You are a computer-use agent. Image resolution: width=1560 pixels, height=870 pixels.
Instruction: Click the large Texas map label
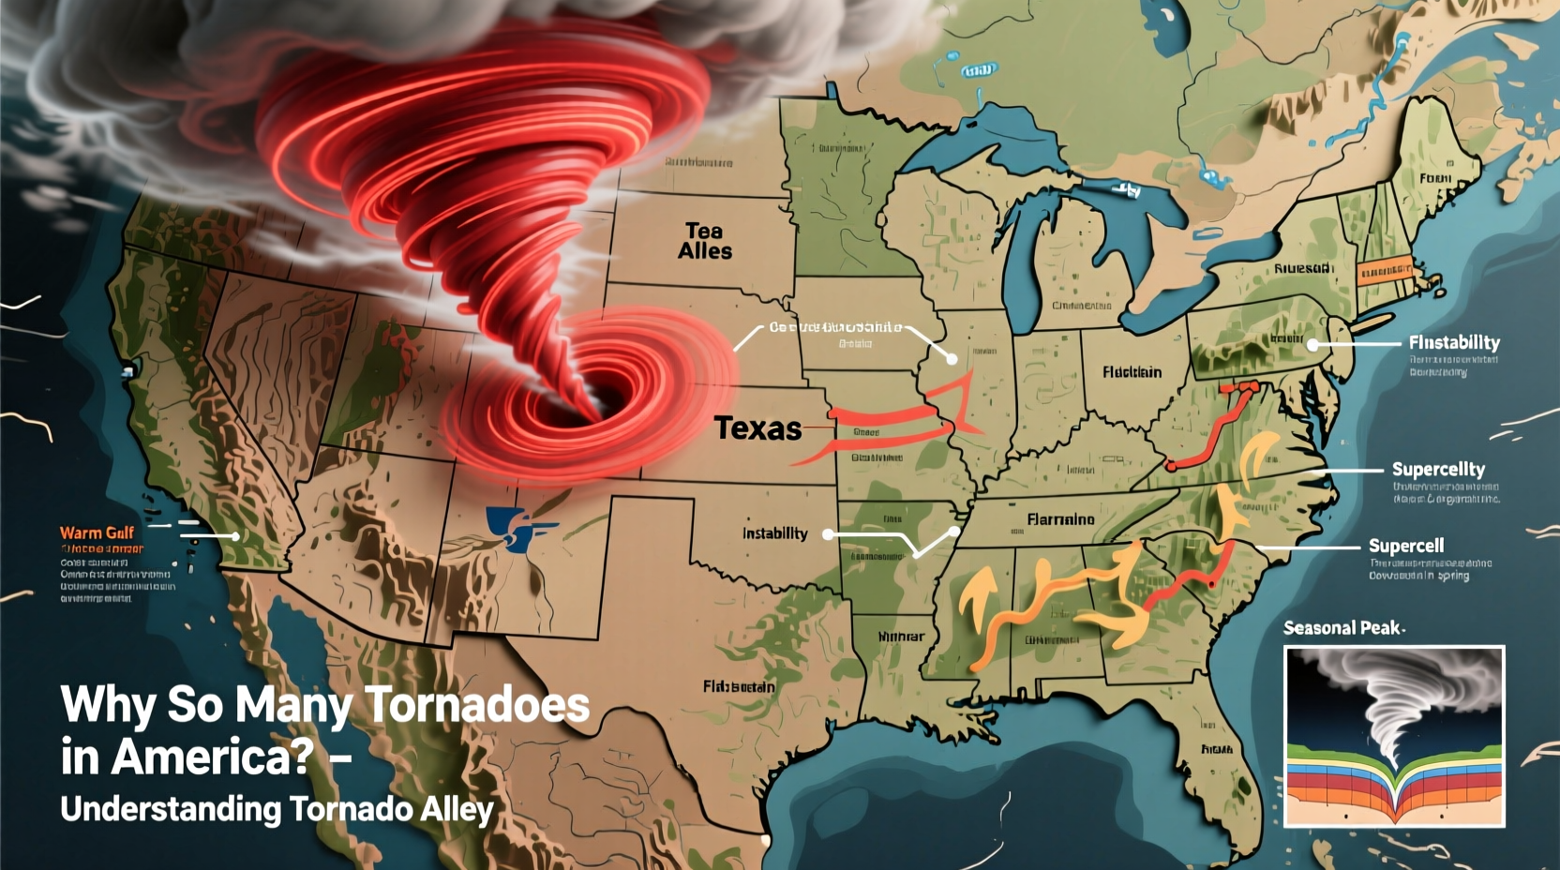(757, 429)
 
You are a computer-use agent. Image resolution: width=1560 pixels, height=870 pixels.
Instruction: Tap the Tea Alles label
(705, 241)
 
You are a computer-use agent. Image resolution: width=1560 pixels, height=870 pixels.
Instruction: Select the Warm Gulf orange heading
(97, 532)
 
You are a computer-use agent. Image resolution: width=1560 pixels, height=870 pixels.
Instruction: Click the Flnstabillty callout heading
(1453, 343)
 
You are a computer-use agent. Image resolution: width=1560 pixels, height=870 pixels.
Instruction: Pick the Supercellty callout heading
(1438, 469)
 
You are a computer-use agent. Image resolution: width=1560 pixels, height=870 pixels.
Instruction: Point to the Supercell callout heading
(1405, 546)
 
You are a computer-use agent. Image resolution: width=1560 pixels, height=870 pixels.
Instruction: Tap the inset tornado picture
(1394, 736)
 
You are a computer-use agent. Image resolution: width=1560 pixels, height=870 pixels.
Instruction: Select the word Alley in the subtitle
(457, 809)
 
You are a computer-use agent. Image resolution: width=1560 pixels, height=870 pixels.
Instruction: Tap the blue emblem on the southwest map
(514, 527)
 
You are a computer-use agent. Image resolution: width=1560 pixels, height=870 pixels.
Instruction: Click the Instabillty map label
(774, 533)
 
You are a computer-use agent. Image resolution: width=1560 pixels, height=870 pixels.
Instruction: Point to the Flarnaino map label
(1060, 519)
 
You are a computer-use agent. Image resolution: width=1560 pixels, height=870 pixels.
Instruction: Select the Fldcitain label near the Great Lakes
(1132, 372)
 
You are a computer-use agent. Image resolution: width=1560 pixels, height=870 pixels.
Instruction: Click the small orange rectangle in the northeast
(1384, 271)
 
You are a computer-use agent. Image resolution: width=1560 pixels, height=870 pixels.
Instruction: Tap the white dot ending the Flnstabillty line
(1313, 345)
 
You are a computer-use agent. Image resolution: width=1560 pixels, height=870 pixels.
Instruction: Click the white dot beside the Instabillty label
(828, 534)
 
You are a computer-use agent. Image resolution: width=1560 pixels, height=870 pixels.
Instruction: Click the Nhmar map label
(901, 637)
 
